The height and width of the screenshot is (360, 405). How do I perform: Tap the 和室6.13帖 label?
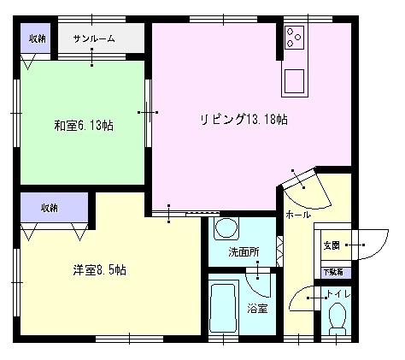click(84, 126)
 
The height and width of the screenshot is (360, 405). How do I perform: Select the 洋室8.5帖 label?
click(99, 270)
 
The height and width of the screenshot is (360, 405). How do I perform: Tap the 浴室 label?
click(257, 308)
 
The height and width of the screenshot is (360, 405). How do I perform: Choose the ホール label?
click(297, 215)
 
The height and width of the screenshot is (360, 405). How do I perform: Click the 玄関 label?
click(331, 245)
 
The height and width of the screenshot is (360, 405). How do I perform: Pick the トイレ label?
click(338, 296)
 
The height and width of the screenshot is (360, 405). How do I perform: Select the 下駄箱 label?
click(332, 272)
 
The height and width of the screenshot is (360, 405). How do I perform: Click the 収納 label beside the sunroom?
click(37, 39)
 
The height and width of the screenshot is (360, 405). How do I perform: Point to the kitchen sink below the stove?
click(296, 80)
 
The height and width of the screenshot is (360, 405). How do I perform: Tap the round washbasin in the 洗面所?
click(226, 229)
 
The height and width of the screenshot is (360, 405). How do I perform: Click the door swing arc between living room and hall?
click(305, 186)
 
